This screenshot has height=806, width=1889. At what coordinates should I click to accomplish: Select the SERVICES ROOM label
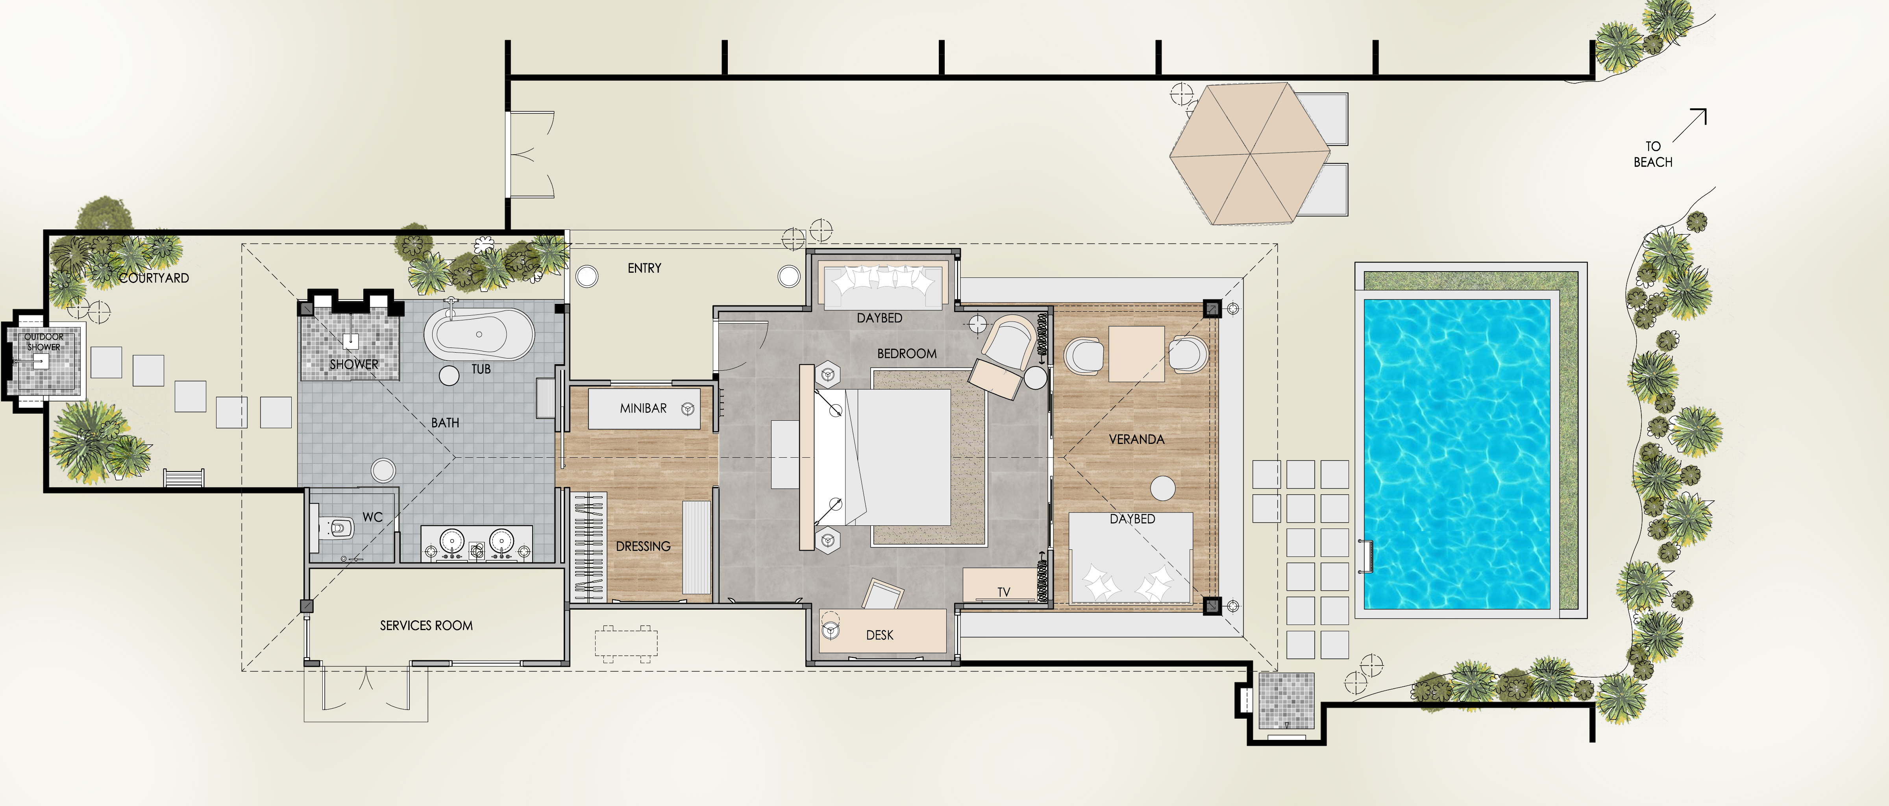point(426,626)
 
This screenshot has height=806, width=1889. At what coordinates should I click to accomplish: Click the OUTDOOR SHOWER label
point(44,342)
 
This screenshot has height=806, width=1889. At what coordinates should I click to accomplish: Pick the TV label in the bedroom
point(1004,592)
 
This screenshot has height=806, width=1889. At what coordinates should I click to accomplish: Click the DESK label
point(880,635)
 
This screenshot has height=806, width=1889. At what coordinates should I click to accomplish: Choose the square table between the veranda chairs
point(1136,353)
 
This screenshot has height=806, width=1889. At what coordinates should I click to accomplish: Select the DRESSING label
point(643,546)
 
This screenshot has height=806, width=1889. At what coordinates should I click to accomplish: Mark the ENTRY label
point(645,268)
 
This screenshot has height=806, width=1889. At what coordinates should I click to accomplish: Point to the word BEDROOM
point(907,353)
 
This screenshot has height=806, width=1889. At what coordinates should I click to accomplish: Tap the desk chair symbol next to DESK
point(882,594)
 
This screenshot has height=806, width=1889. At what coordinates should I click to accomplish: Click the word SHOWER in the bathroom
point(354,364)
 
